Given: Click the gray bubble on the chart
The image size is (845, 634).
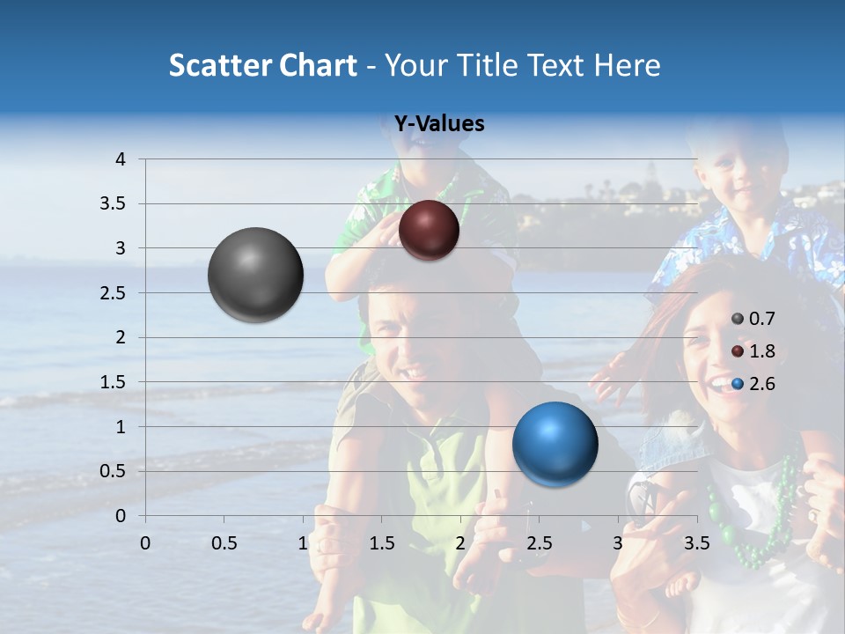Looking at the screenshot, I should [255, 275].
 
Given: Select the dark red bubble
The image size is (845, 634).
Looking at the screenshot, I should [429, 230].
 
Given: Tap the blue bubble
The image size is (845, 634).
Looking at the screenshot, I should [555, 444].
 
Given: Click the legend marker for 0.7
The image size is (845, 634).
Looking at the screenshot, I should [738, 319].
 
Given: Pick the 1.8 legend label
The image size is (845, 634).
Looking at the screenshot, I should [762, 351].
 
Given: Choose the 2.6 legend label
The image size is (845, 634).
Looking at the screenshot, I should [762, 384].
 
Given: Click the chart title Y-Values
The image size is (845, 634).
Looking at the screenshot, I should [438, 124].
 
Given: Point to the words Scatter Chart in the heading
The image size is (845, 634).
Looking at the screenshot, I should [262, 65].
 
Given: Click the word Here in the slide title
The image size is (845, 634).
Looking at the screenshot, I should [627, 65].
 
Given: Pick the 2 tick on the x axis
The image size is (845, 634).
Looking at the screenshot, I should [460, 542].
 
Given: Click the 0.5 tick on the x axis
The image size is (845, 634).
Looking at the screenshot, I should [224, 542].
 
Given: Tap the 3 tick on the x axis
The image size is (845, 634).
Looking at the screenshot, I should [618, 542].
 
